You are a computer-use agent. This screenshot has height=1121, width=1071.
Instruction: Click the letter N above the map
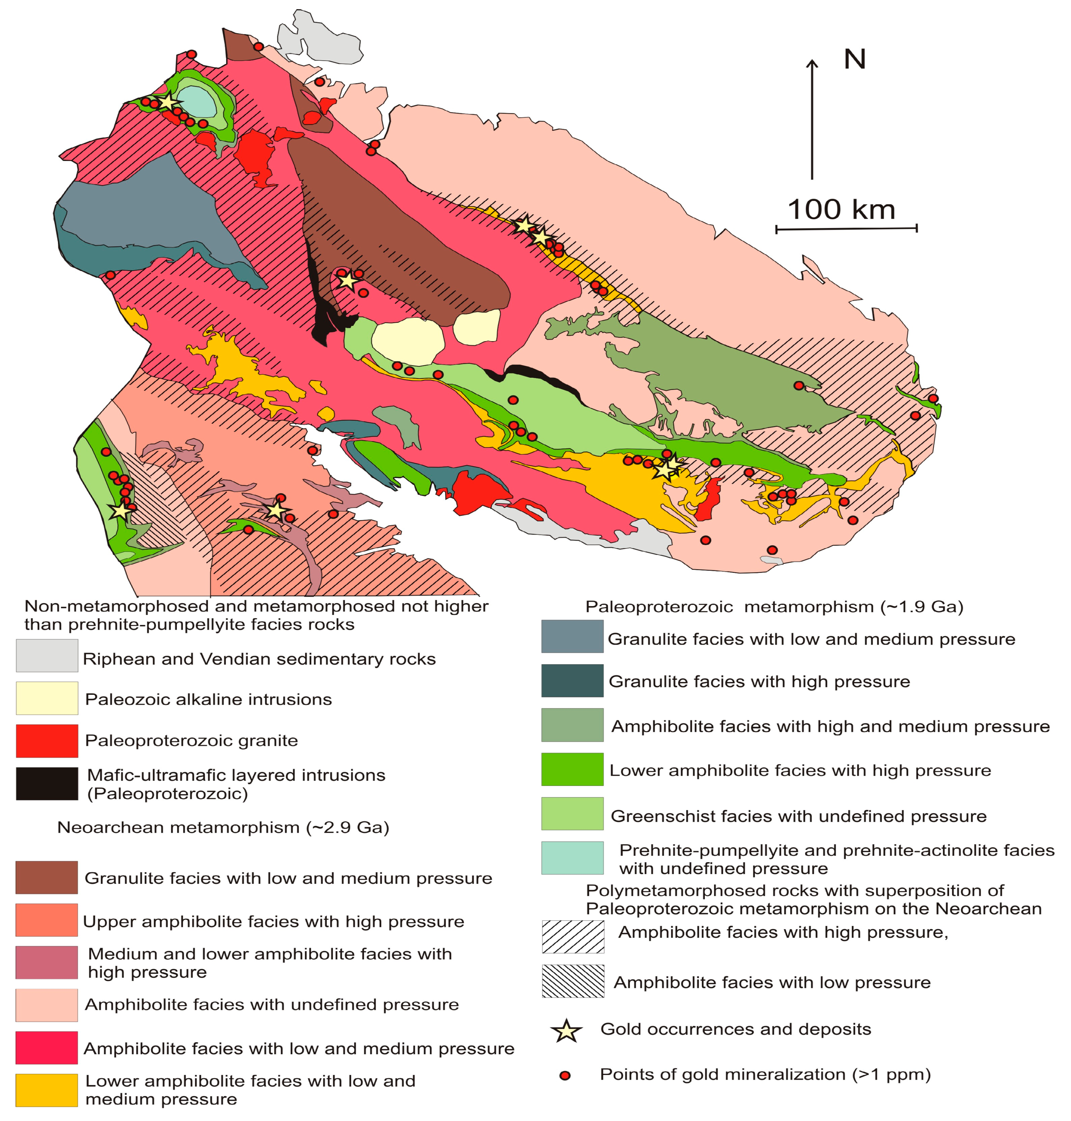(855, 59)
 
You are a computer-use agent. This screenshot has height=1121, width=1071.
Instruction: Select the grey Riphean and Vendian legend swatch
(47, 656)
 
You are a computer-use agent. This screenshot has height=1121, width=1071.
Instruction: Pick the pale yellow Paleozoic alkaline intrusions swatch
(47, 698)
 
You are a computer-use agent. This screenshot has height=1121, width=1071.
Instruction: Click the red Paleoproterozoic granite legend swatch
(47, 741)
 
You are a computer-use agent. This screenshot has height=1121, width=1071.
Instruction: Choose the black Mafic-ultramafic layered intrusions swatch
(47, 784)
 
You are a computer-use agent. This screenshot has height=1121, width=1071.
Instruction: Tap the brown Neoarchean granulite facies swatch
(47, 877)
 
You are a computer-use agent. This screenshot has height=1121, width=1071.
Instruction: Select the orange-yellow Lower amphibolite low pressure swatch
(47, 1090)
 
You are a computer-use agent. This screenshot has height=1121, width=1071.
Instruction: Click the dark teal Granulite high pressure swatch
(572, 680)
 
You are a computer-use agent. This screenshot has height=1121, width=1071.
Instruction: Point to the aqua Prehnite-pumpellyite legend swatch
(572, 858)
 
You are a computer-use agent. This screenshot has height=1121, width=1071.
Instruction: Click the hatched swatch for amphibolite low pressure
(573, 981)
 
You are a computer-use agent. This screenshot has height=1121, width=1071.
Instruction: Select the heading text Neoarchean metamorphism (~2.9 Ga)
(223, 828)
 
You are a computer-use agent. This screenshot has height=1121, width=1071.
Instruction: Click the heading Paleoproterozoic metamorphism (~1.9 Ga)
(774, 606)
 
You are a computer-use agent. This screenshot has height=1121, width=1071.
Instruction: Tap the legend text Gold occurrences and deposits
(735, 1029)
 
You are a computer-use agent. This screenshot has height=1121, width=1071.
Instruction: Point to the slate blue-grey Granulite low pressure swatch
(572, 636)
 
